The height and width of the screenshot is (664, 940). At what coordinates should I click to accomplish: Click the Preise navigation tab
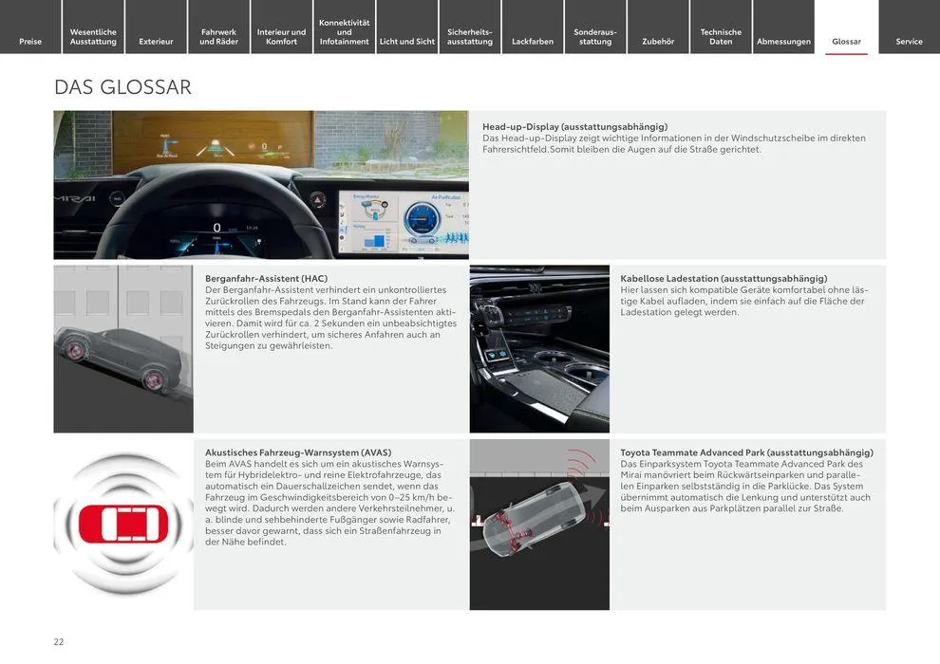click(30, 41)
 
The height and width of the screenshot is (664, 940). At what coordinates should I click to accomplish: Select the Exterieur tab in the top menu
click(156, 41)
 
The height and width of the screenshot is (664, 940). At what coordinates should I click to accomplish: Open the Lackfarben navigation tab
click(532, 41)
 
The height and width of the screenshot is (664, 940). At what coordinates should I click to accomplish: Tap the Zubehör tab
click(658, 41)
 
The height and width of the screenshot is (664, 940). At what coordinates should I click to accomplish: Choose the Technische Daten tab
click(721, 36)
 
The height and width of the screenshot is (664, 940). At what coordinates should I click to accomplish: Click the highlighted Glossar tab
click(846, 41)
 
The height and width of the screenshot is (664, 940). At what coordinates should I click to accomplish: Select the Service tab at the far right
click(909, 41)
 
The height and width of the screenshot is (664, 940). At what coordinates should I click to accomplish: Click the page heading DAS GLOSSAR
click(122, 87)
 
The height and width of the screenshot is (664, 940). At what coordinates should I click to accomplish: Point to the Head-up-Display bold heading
click(574, 126)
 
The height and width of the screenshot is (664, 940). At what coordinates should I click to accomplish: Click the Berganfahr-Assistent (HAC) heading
click(266, 278)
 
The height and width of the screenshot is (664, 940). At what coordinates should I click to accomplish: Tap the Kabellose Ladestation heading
click(724, 278)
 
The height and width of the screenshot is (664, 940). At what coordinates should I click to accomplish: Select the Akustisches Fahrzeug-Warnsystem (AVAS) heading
click(298, 452)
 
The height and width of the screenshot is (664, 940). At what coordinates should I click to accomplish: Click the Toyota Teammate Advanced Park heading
click(746, 452)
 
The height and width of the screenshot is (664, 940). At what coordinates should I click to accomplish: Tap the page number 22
click(59, 641)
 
